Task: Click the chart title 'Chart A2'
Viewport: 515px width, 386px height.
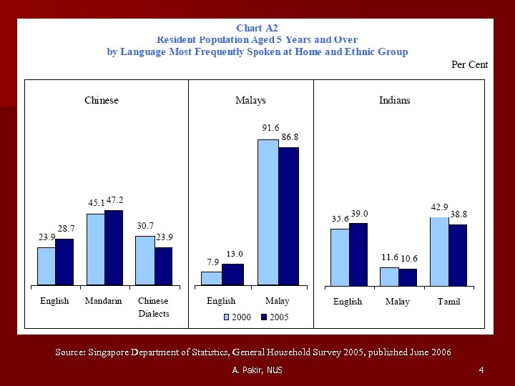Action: (x=257, y=28)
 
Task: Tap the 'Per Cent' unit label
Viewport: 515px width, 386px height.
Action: (x=469, y=64)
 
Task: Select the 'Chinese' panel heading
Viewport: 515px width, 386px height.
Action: (x=102, y=101)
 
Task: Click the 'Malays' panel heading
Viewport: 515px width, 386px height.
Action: (x=250, y=101)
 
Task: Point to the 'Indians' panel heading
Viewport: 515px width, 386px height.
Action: (x=394, y=101)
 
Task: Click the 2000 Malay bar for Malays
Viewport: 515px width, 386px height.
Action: (x=268, y=212)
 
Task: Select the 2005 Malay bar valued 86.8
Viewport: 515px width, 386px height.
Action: (x=288, y=216)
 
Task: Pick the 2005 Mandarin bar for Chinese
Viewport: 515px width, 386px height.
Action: (x=114, y=247)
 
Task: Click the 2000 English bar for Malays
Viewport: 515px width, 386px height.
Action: (x=211, y=278)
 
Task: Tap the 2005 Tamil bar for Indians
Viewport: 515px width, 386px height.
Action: (x=458, y=254)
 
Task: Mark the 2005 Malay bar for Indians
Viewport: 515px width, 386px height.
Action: (x=407, y=277)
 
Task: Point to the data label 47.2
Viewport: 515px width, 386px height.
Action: (x=114, y=202)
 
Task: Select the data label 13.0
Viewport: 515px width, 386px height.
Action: (x=235, y=254)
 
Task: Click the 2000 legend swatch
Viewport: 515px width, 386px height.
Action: (x=227, y=317)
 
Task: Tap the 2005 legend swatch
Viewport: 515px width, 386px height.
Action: (x=263, y=317)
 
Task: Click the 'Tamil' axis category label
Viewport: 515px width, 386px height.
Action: (x=448, y=302)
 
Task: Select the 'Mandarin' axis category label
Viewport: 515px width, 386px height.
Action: (x=103, y=301)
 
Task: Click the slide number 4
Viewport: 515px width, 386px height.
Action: (x=481, y=370)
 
